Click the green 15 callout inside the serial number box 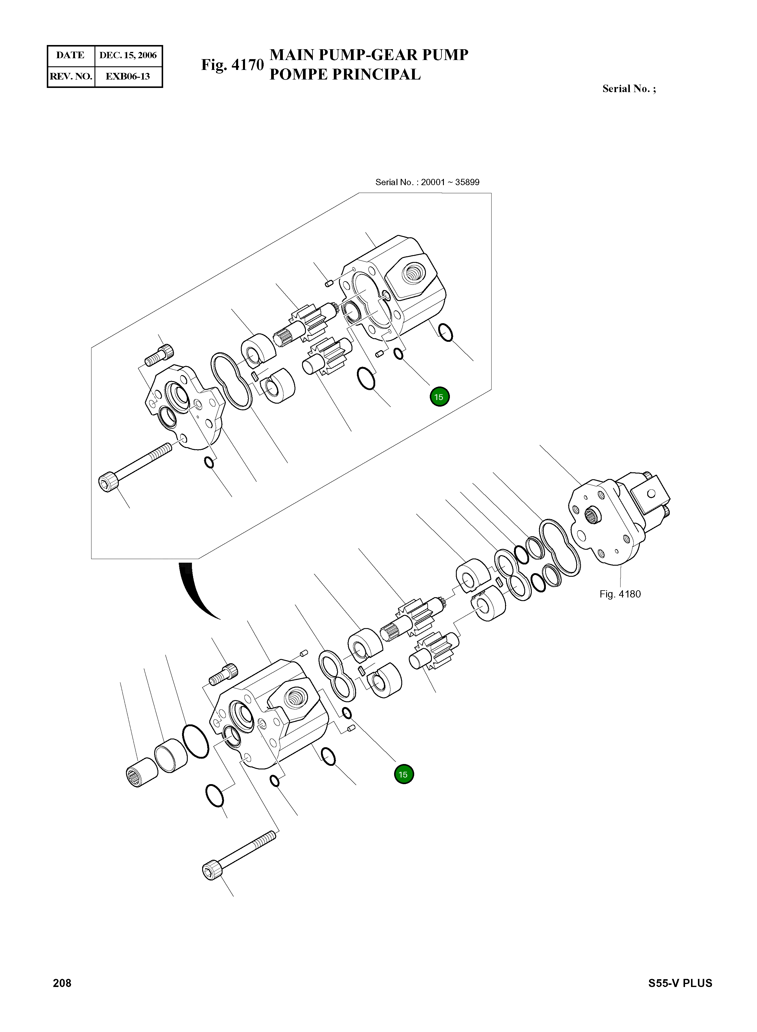tap(439, 397)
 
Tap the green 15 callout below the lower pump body tap(403, 774)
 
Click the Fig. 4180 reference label tap(620, 594)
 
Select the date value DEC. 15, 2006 tap(128, 56)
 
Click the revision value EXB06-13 tap(128, 77)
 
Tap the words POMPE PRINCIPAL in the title tap(345, 74)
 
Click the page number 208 tap(62, 983)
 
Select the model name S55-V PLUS tap(680, 983)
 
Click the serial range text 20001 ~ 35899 tap(450, 182)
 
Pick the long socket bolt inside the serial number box tap(135, 467)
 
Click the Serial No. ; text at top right tap(629, 89)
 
